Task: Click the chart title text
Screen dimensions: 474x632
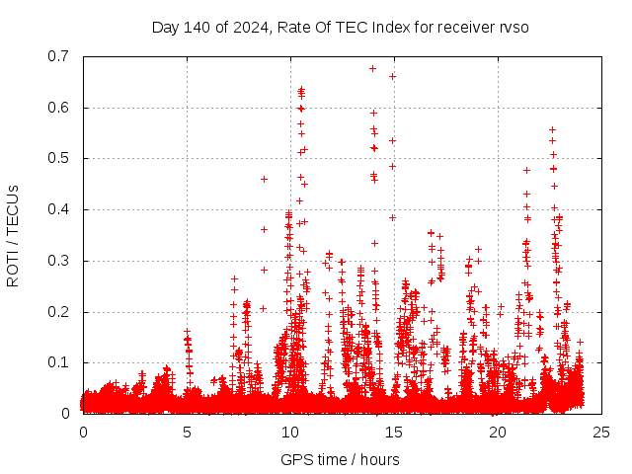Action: pos(340,27)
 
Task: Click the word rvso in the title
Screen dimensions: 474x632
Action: pos(513,27)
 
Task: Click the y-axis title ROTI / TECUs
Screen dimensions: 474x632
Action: pos(14,235)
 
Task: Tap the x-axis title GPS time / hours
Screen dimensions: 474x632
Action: pos(340,459)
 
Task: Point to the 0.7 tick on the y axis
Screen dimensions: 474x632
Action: pos(60,56)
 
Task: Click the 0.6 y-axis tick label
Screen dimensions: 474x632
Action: pos(60,108)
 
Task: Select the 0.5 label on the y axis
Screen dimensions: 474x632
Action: pos(60,159)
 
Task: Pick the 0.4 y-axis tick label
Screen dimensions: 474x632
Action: pos(60,209)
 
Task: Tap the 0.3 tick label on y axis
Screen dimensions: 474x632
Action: pos(60,261)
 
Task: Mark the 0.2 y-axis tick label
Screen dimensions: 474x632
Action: pos(60,312)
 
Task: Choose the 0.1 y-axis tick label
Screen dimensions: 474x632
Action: pos(60,363)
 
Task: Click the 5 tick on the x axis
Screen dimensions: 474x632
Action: pos(187,433)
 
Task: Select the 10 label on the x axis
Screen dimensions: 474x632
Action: pos(290,433)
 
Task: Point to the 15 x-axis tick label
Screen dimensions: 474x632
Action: pos(394,433)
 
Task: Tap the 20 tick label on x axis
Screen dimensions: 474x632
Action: pos(498,433)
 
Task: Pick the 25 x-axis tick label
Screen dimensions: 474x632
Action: pos(601,433)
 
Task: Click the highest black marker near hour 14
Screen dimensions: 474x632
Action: pos(372,68)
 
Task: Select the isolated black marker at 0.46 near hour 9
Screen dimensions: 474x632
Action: pos(264,179)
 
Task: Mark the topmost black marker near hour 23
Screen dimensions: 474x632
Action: pos(552,129)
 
